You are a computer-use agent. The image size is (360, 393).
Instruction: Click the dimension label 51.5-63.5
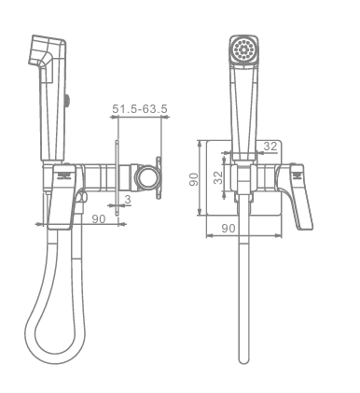click(140, 109)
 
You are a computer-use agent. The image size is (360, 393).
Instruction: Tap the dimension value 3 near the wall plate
click(128, 200)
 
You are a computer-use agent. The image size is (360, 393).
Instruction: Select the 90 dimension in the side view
click(99, 218)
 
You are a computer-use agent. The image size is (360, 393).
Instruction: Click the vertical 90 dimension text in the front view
click(194, 179)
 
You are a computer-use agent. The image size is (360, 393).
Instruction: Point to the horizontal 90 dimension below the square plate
click(228, 229)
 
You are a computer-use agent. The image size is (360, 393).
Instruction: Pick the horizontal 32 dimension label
click(270, 147)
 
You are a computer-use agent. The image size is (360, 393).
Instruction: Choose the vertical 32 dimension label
click(219, 177)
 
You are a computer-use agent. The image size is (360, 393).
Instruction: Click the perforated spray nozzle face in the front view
click(243, 49)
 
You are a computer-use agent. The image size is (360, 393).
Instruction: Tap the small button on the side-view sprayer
click(67, 100)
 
